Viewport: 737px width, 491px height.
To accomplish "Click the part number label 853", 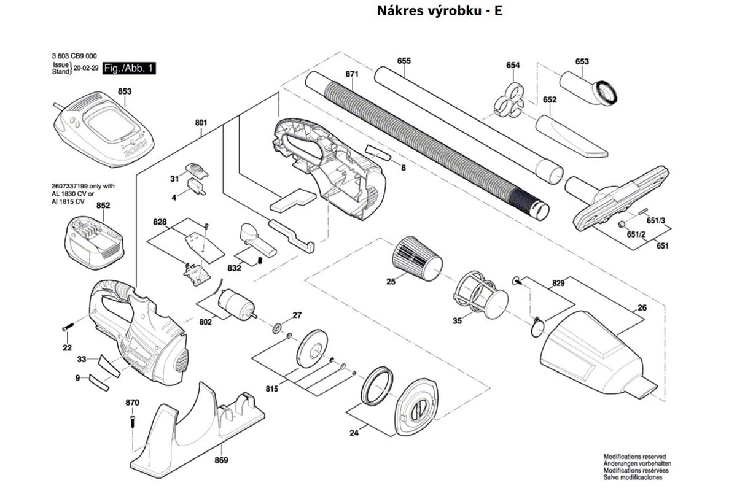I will click(x=125, y=91).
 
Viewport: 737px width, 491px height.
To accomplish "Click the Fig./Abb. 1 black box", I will click(x=129, y=68).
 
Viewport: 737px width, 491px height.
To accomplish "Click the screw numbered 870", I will click(x=132, y=422).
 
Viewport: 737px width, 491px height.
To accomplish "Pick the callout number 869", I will click(x=221, y=460).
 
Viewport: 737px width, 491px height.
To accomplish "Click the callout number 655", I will click(x=404, y=61).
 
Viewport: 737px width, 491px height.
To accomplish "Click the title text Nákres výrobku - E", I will click(x=440, y=11).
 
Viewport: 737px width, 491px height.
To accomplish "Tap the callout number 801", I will click(x=201, y=123).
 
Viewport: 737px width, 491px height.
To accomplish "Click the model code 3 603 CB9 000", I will click(x=75, y=55).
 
